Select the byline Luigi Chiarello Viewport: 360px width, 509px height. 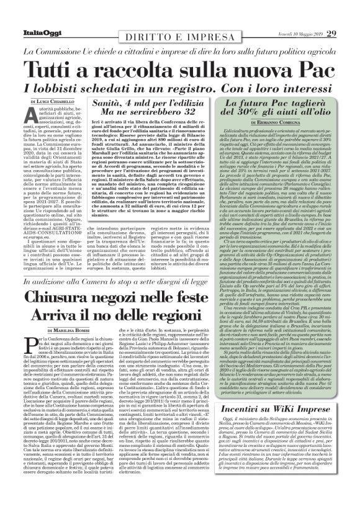56,99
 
